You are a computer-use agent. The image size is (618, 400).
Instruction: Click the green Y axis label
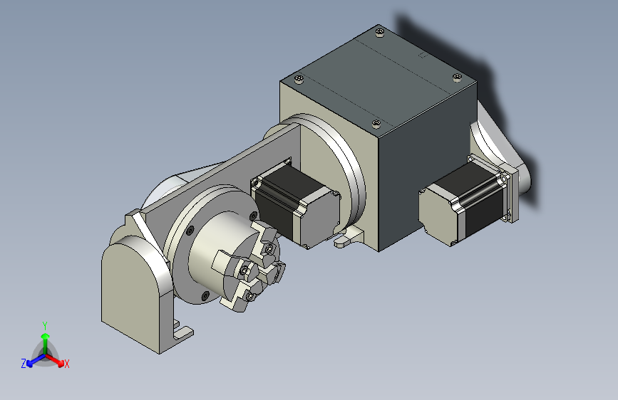coord(45,326)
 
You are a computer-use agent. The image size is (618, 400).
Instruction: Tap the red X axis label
coord(66,364)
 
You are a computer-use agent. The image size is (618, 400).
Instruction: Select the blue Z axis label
coord(24,364)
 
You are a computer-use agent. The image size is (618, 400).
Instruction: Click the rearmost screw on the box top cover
coord(379,31)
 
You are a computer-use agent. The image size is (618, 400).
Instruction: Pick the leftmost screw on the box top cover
coord(299,79)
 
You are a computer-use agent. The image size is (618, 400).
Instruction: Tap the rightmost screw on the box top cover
coord(457,78)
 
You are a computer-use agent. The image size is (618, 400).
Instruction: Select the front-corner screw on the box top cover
coord(376,124)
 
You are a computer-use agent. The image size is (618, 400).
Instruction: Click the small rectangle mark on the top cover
coord(422,55)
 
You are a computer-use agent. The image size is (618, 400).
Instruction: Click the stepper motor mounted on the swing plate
coord(296,204)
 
